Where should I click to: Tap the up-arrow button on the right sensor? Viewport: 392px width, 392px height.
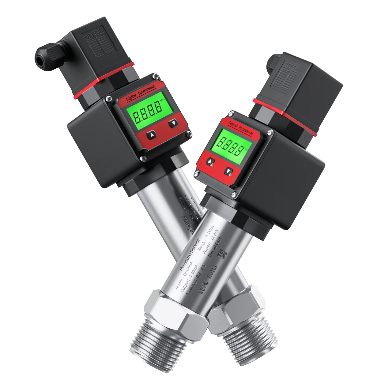pyautogui.click(x=210, y=162)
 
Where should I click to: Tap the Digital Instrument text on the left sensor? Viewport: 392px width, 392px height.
pyautogui.click(x=141, y=92)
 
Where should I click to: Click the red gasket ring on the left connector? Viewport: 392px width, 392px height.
pyautogui.click(x=104, y=81)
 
